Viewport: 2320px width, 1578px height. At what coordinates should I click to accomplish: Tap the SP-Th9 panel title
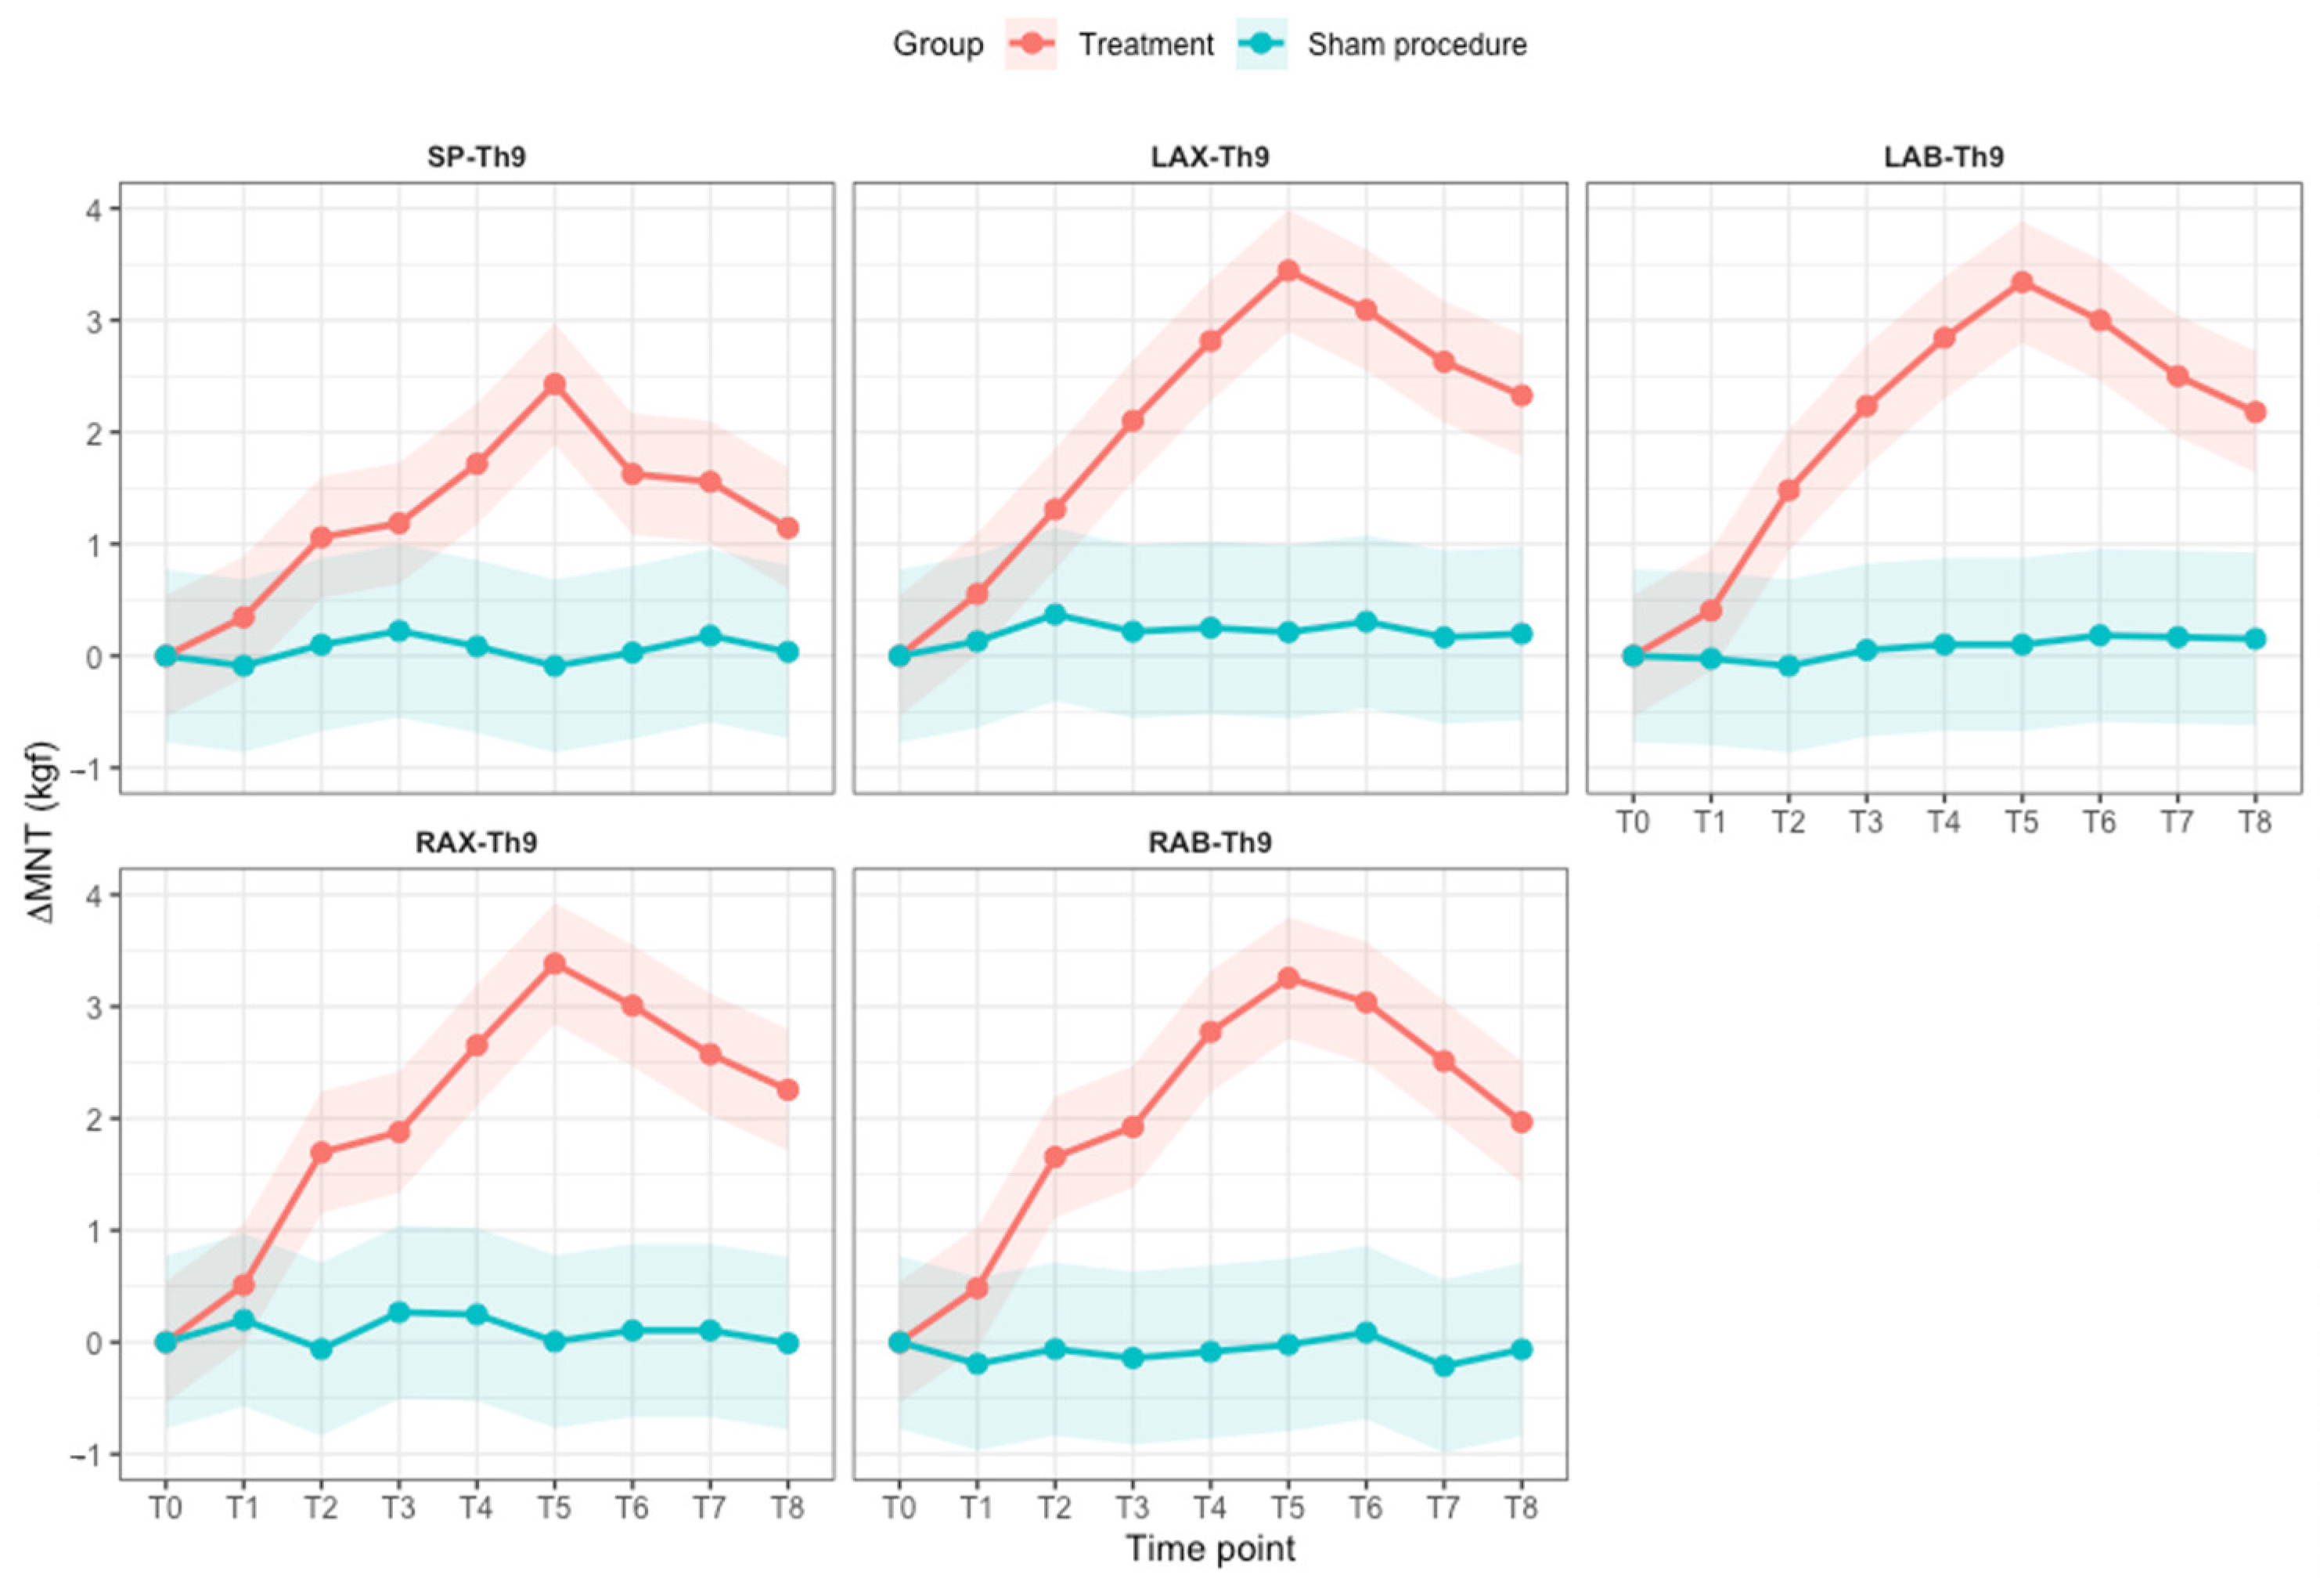pyautogui.click(x=476, y=157)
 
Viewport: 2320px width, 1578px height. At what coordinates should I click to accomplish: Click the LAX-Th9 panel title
pyautogui.click(x=1210, y=157)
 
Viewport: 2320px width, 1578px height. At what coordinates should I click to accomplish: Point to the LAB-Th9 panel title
pyautogui.click(x=1944, y=157)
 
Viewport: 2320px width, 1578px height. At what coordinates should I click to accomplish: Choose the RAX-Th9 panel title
pyautogui.click(x=476, y=843)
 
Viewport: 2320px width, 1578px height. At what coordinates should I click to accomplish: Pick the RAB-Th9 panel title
pyautogui.click(x=1210, y=843)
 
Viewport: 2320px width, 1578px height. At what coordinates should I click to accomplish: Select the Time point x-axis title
pyautogui.click(x=1211, y=1549)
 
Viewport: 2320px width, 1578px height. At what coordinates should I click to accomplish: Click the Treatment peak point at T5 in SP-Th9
pyautogui.click(x=555, y=385)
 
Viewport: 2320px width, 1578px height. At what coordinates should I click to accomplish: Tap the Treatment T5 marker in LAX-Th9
pyautogui.click(x=1288, y=271)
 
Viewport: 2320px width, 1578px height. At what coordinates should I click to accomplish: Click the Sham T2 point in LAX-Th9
pyautogui.click(x=1055, y=614)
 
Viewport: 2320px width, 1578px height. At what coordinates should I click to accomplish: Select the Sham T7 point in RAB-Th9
pyautogui.click(x=1443, y=1365)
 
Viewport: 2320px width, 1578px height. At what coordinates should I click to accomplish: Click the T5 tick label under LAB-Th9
pyautogui.click(x=2022, y=823)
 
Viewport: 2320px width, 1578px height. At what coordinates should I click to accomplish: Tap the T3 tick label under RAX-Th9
pyautogui.click(x=399, y=1507)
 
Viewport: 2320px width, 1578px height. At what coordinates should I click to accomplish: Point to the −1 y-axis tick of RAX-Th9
pyautogui.click(x=90, y=1455)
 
